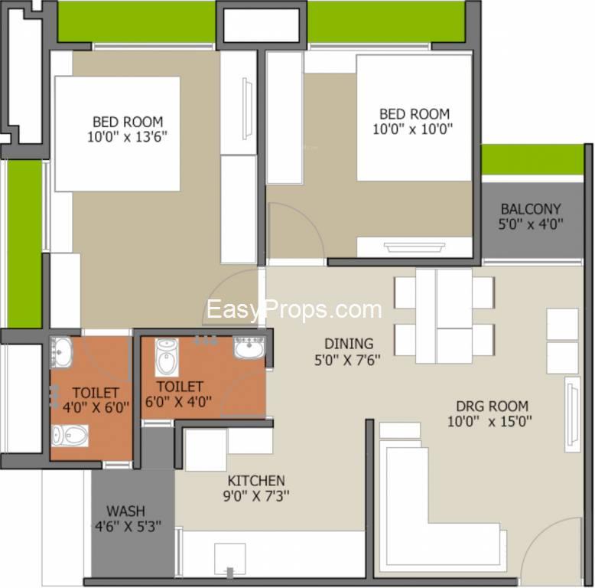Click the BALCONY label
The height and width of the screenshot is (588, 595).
[x=531, y=209]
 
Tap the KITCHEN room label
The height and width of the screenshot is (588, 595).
[x=256, y=481]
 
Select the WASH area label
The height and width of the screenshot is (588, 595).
[x=125, y=511]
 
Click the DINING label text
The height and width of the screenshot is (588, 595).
[x=349, y=344]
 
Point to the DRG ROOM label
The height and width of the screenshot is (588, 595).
[x=493, y=407]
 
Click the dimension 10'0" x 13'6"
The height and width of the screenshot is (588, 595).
[x=127, y=137]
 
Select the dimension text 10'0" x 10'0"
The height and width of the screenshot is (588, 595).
[x=412, y=129]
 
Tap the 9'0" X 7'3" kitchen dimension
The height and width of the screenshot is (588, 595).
[x=256, y=495]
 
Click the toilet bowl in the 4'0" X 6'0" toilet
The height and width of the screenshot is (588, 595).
[x=70, y=436]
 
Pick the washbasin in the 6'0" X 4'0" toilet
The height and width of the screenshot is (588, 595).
[x=249, y=347]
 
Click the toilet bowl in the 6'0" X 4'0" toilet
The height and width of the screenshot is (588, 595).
[x=167, y=357]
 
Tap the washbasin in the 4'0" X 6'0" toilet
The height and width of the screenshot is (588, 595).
[x=61, y=352]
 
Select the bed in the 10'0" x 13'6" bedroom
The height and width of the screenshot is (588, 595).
[x=117, y=134]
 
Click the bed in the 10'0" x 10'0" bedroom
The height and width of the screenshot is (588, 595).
[x=415, y=118]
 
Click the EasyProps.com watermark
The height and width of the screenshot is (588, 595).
[x=294, y=309]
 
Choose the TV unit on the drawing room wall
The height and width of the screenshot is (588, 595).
[x=572, y=414]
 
